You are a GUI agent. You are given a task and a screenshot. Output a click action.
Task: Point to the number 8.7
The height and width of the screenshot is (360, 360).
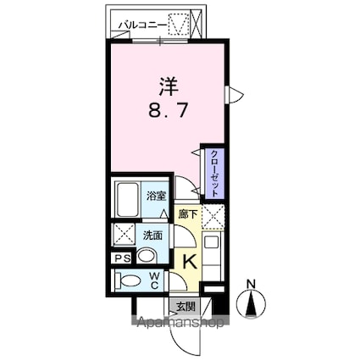tap(167, 109)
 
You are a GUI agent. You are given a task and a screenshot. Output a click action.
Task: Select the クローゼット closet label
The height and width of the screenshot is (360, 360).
tap(214, 169)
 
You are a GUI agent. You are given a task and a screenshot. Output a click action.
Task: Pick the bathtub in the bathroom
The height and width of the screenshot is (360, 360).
tap(128, 200)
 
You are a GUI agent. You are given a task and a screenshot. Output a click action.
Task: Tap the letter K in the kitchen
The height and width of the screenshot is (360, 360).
tap(190, 263)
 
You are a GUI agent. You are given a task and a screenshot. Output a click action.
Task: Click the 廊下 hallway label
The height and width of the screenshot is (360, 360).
tap(187, 215)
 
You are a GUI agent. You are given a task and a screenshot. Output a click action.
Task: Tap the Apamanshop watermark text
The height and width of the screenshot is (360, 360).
tap(179, 323)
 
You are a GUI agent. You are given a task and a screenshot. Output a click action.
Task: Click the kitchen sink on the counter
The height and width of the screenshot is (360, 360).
tap(213, 248)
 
